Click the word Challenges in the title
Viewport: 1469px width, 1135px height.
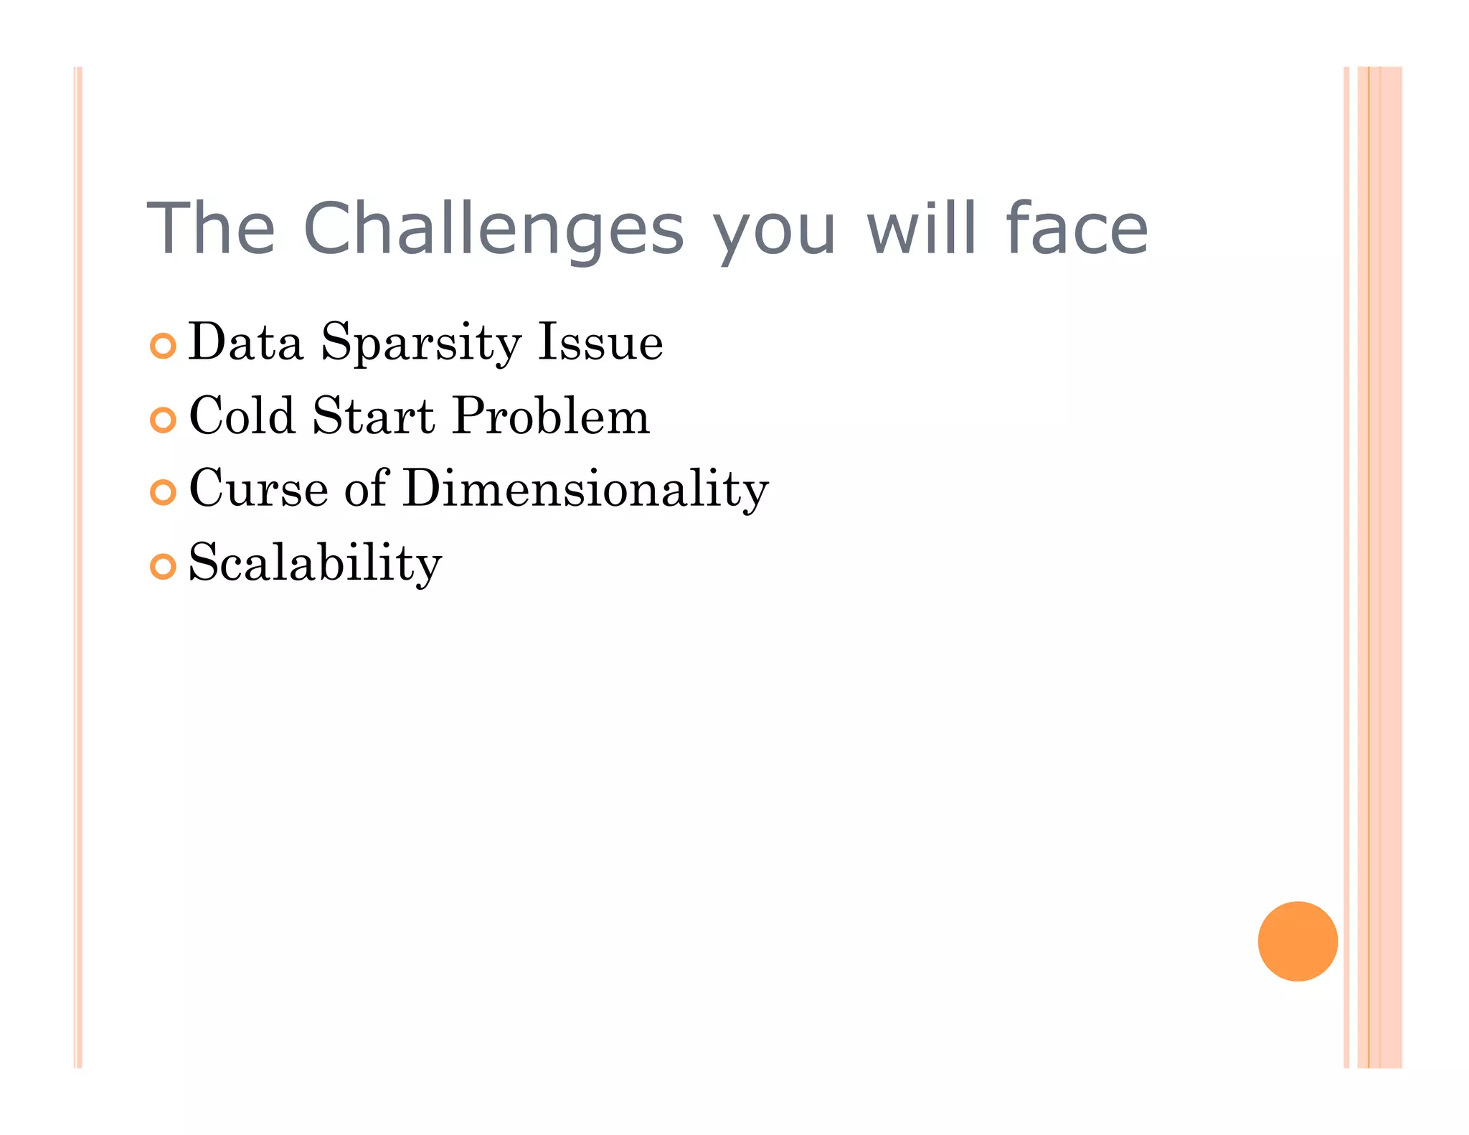[x=493, y=228]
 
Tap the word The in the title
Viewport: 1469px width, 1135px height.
[x=211, y=228]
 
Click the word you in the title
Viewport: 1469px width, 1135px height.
[x=773, y=233]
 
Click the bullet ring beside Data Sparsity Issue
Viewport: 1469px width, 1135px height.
[x=164, y=346]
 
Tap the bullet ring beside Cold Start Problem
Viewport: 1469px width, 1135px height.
[x=164, y=420]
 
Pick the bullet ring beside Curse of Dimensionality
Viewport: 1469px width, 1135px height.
[x=164, y=492]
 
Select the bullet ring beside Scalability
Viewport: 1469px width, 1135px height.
[x=164, y=567]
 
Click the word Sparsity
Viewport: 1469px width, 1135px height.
[x=420, y=343]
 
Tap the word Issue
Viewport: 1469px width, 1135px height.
[x=601, y=343]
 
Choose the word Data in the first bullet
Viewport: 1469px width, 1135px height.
[x=245, y=343]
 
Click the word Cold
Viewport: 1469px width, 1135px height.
[x=242, y=416]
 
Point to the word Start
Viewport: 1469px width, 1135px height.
[x=373, y=416]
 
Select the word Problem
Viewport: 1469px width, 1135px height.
[x=551, y=416]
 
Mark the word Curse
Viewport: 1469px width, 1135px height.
[x=258, y=489]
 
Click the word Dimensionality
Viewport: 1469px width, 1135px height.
[x=585, y=489]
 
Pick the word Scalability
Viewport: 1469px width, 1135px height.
[x=315, y=563]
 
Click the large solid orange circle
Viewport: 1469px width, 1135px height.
[x=1298, y=941]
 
